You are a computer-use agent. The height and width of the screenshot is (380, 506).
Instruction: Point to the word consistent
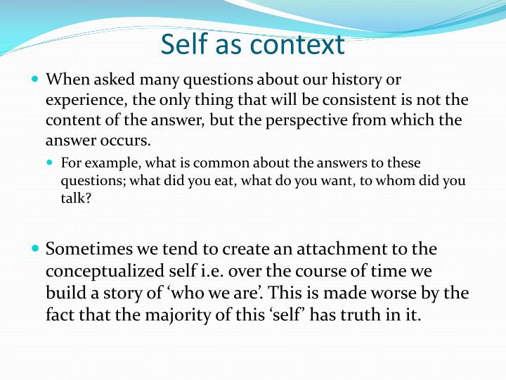333,100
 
